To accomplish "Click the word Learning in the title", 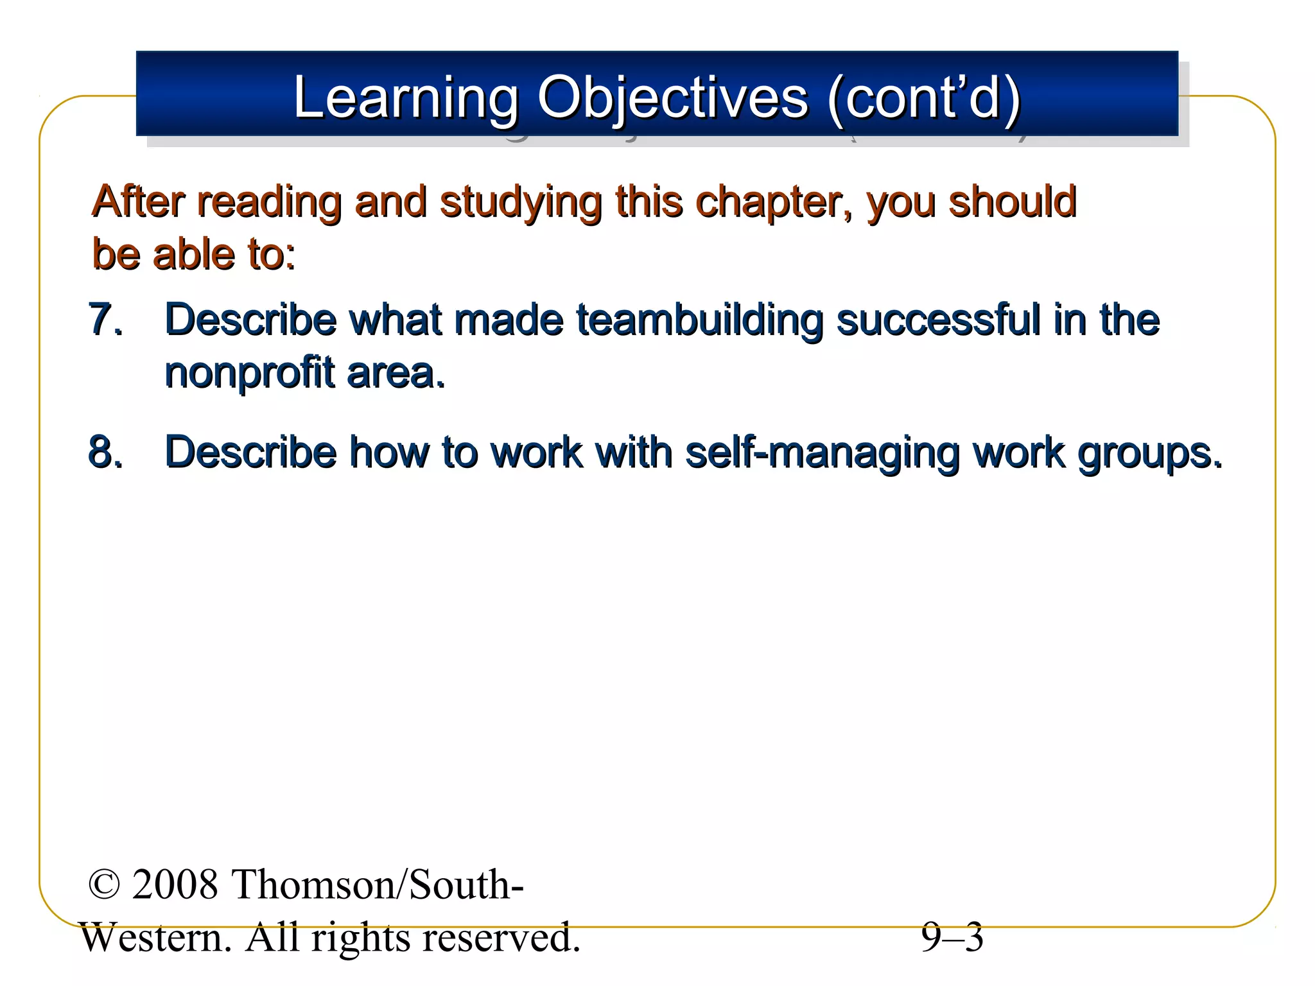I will coord(405,98).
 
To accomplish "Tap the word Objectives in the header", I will coord(672,98).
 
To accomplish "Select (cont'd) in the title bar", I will coord(923,98).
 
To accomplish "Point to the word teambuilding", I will coord(699,319).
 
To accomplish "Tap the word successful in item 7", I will coord(938,319).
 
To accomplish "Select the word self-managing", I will coord(822,453).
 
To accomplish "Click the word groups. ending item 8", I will coord(1149,453).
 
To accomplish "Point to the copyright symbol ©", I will coord(104,885).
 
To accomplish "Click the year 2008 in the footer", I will coord(175,885).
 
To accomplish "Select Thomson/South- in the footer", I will coord(377,885).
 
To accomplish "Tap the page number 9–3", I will coord(952,937).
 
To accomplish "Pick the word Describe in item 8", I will coord(250,451).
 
